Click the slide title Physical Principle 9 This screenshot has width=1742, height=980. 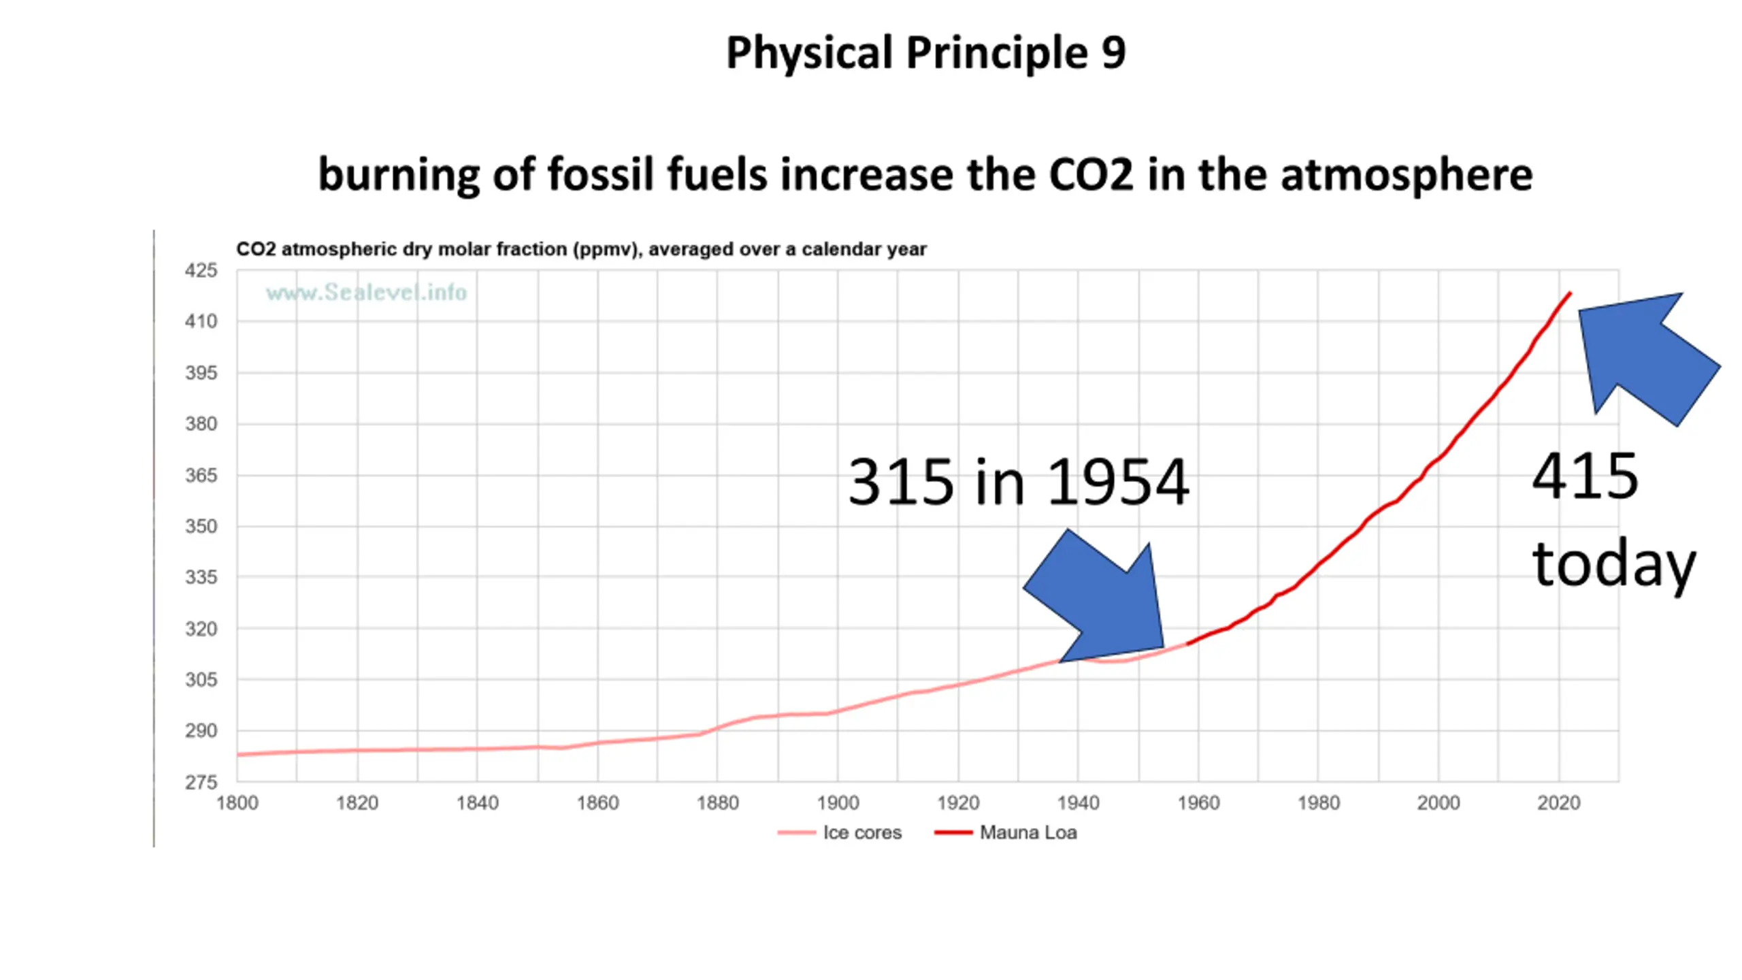pos(925,53)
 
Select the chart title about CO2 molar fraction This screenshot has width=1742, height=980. pos(581,249)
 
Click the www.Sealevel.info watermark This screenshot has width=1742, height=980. pos(366,293)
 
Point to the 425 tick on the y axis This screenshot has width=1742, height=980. pos(201,271)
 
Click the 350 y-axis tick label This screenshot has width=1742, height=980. pos(201,527)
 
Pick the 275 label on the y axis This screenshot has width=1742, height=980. pos(201,783)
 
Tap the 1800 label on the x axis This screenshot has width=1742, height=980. pos(237,804)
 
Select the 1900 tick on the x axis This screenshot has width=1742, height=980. pos(838,804)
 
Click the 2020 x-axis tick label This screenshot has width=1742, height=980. pos(1558,804)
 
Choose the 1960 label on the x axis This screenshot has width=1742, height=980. pos(1198,804)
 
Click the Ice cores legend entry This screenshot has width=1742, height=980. pos(861,833)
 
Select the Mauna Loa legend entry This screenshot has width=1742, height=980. pos(1028,833)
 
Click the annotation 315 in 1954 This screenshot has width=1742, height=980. pos(1018,482)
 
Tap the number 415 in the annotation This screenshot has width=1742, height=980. pos(1585,476)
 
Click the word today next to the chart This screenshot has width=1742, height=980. pos(1613,563)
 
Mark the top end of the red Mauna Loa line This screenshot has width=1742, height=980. pos(1570,293)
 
